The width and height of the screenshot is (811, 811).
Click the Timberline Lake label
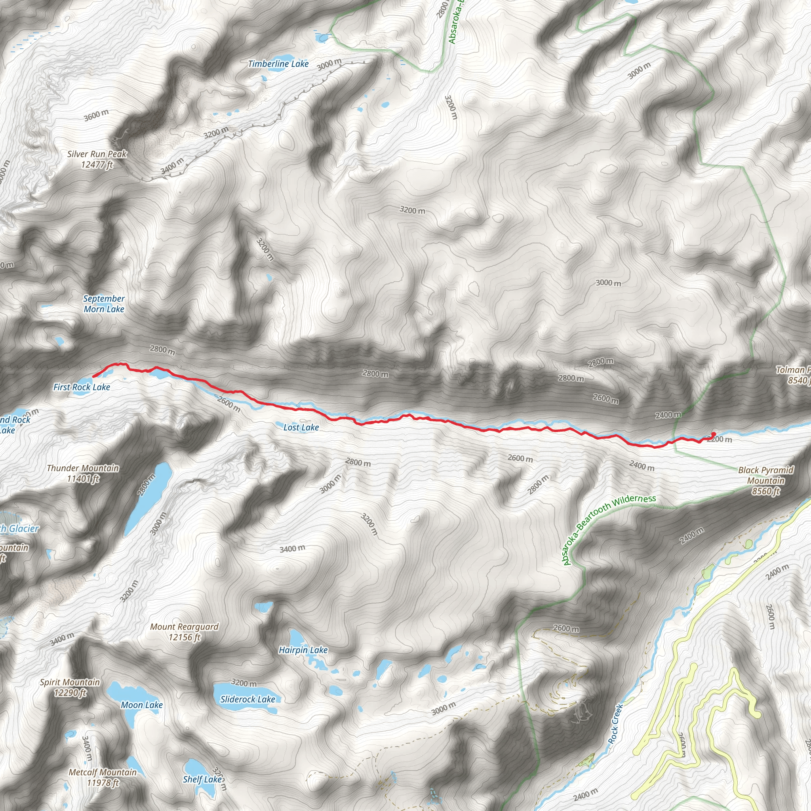click(278, 64)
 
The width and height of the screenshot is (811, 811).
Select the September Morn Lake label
click(104, 304)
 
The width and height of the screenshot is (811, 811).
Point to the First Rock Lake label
click(82, 387)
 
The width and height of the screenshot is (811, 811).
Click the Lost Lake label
click(301, 427)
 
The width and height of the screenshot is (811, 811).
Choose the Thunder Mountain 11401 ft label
click(83, 473)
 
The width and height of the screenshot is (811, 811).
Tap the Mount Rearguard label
click(184, 632)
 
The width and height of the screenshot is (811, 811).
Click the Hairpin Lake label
click(303, 650)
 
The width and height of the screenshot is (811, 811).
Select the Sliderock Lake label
click(247, 699)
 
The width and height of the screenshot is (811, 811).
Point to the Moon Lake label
click(141, 705)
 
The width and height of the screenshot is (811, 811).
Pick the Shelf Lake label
click(202, 779)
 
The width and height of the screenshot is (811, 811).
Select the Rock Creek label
click(615, 724)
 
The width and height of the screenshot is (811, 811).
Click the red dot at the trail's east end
click(713, 434)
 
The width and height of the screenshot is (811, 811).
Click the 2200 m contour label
click(720, 440)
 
